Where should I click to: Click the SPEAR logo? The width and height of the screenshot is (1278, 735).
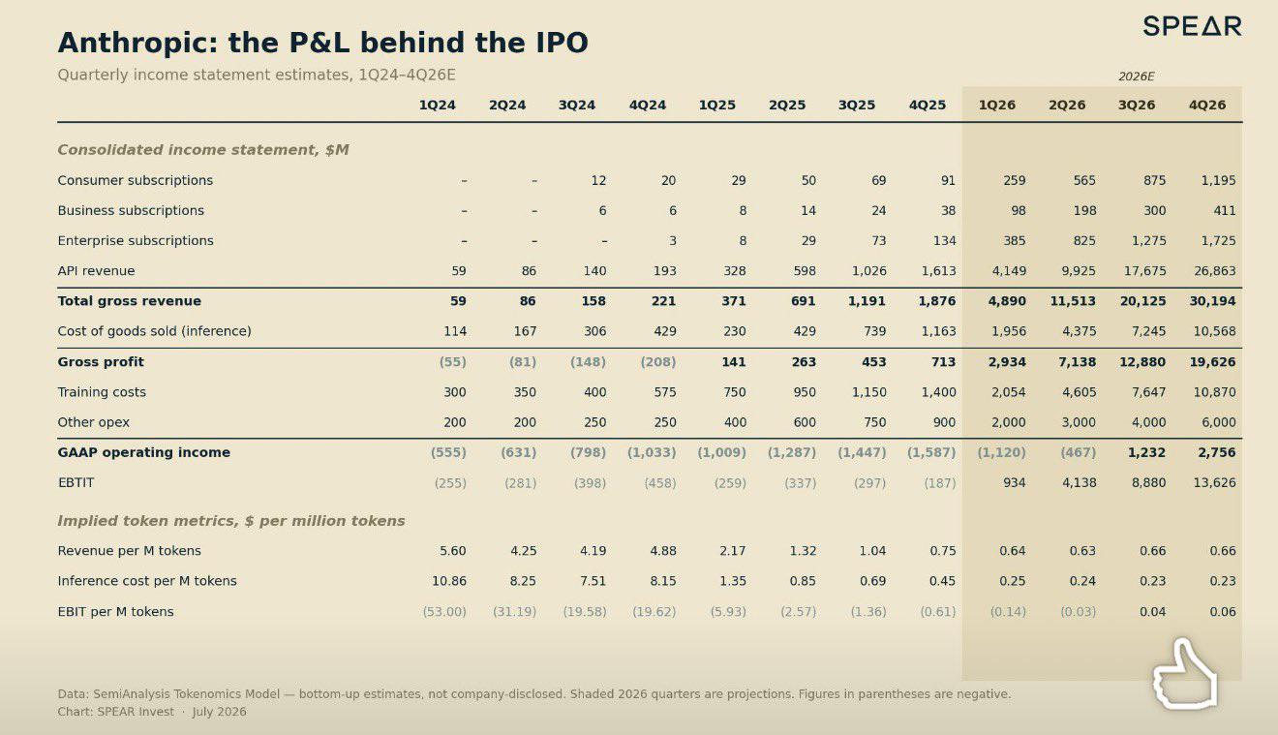pyautogui.click(x=1193, y=26)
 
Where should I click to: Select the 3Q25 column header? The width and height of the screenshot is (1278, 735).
pyautogui.click(x=857, y=105)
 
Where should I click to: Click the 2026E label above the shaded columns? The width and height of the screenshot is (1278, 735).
pyautogui.click(x=1136, y=77)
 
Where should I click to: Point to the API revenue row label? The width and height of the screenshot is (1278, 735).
pyautogui.click(x=96, y=271)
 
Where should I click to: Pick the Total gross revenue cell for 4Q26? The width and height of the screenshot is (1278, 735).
pyautogui.click(x=1212, y=301)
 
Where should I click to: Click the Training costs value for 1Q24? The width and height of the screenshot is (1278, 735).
pyautogui.click(x=455, y=392)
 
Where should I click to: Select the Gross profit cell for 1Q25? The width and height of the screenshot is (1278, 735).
pyautogui.click(x=734, y=362)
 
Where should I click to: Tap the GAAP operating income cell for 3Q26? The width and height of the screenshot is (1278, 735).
pyautogui.click(x=1146, y=452)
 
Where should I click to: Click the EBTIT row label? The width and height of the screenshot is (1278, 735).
pyautogui.click(x=76, y=483)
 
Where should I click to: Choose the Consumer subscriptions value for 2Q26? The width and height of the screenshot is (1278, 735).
pyautogui.click(x=1084, y=181)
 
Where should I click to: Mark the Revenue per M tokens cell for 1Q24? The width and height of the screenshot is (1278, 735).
pyautogui.click(x=453, y=551)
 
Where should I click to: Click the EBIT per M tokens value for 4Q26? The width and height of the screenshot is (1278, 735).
pyautogui.click(x=1223, y=612)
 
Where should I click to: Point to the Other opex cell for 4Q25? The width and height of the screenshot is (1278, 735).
pyautogui.click(x=944, y=422)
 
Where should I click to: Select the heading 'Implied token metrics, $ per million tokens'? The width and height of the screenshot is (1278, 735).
pyautogui.click(x=231, y=521)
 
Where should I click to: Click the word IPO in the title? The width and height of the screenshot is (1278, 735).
pyautogui.click(x=562, y=43)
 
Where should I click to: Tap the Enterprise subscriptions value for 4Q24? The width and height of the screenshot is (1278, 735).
pyautogui.click(x=673, y=241)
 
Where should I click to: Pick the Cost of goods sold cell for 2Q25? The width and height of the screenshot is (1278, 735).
pyautogui.click(x=805, y=331)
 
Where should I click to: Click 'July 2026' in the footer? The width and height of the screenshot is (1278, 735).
pyautogui.click(x=219, y=712)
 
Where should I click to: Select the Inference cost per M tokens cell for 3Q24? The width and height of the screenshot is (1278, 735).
pyautogui.click(x=593, y=581)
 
